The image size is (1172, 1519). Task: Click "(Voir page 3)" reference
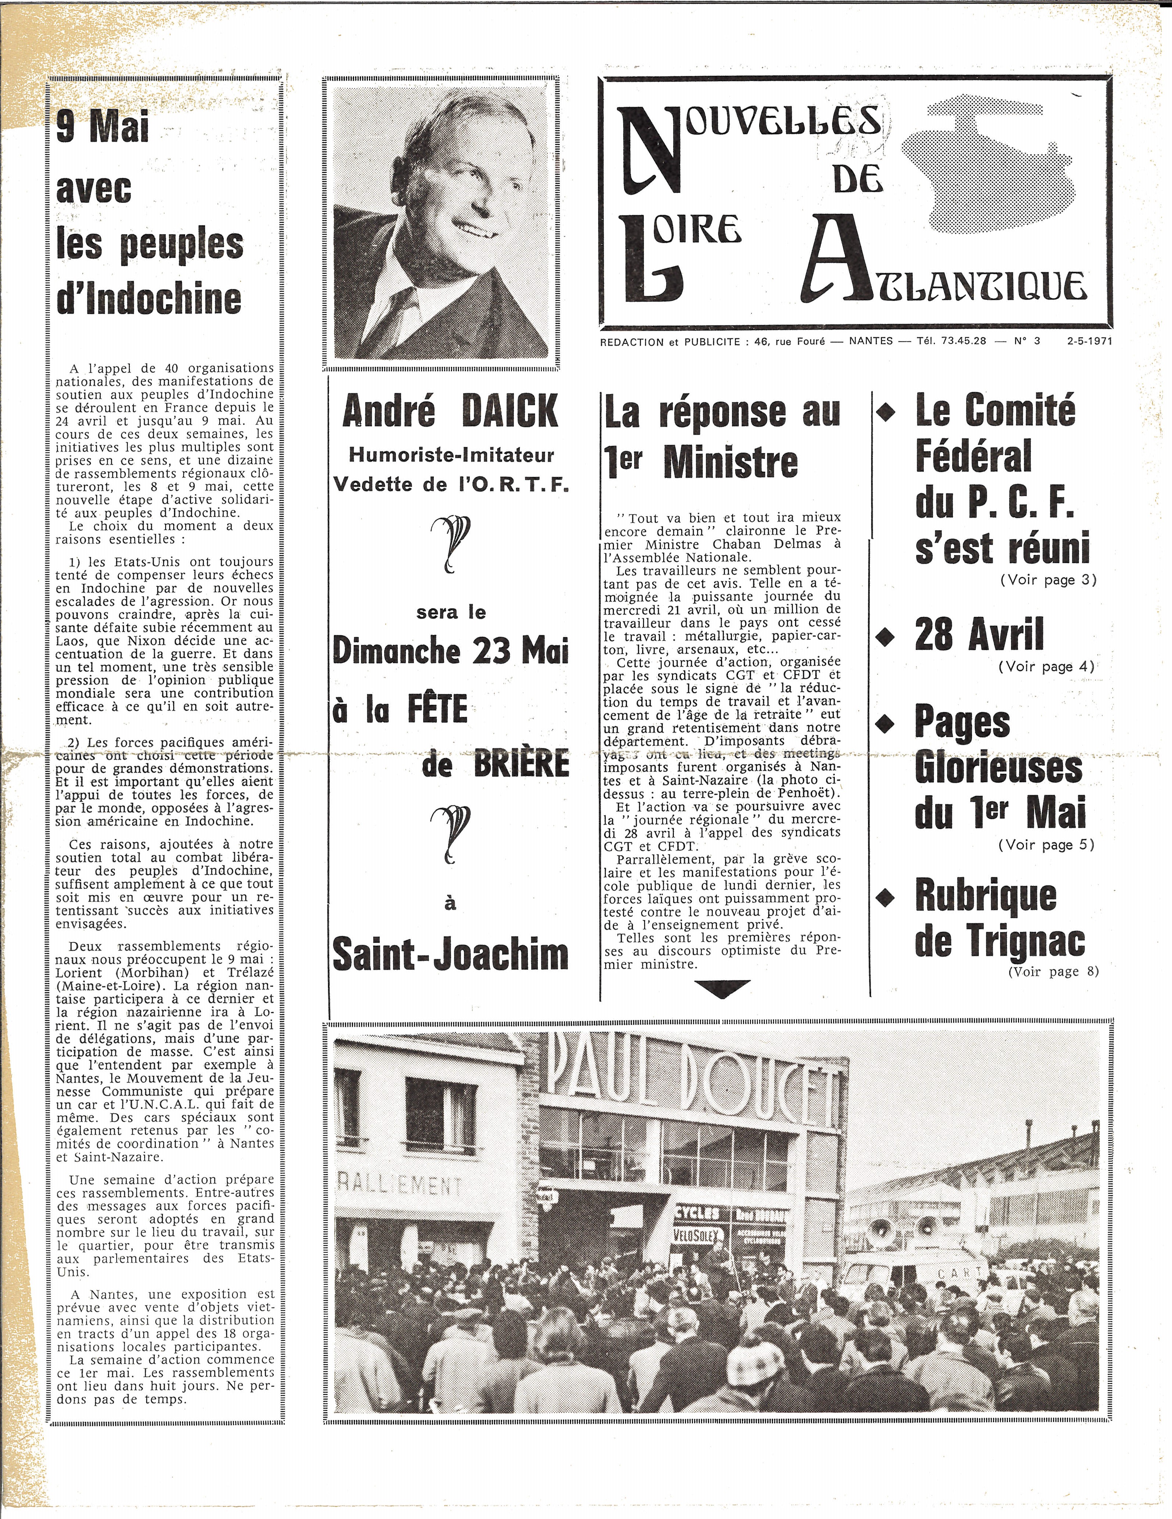click(1048, 580)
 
